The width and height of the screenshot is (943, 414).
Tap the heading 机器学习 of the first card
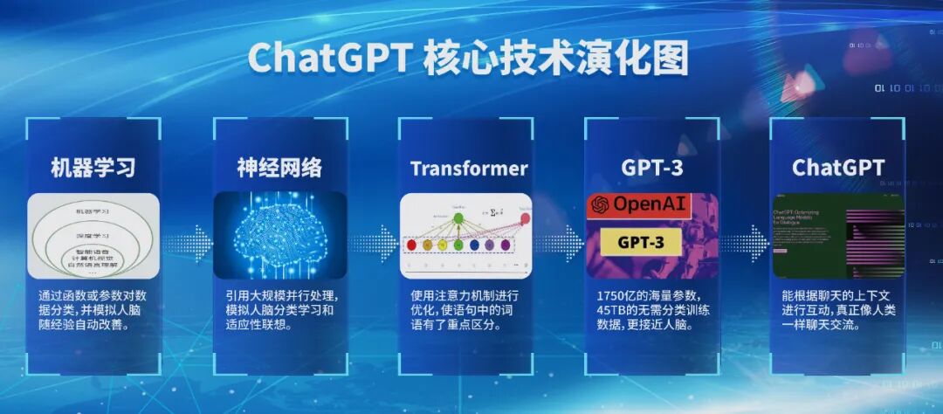(93, 167)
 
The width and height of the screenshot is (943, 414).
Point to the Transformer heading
(469, 168)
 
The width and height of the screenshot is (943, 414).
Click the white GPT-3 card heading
(651, 168)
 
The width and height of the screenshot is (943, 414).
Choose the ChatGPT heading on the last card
(838, 168)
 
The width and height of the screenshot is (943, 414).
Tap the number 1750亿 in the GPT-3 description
(617, 295)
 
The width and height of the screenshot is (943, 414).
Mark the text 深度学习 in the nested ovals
(94, 237)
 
